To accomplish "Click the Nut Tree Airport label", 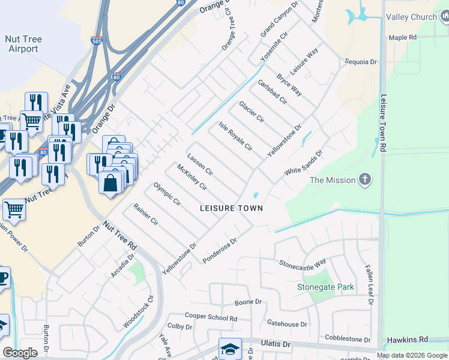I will tap(23, 44).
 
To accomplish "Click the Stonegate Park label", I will tap(326, 287).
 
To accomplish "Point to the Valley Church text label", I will tap(411, 17).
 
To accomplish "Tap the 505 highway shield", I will tap(97, 41).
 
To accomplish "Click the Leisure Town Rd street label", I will tap(383, 121).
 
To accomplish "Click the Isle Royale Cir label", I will tap(235, 136).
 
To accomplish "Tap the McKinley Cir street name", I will tap(191, 178).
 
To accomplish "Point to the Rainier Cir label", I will tap(146, 215).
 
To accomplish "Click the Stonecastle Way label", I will tap(303, 262).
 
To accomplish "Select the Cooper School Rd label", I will tap(211, 317).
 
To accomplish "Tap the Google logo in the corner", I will tap(20, 352).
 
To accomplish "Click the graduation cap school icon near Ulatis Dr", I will tap(230, 349).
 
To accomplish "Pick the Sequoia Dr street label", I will tap(360, 62).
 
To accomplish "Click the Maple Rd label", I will tap(402, 37).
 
